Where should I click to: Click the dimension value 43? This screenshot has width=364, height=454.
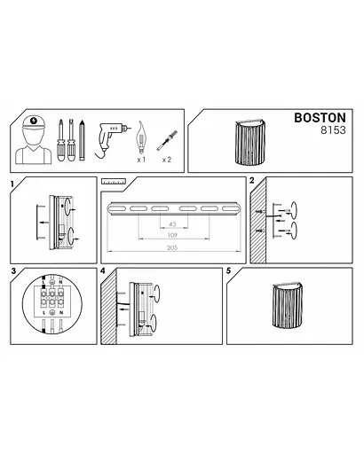point(172,223)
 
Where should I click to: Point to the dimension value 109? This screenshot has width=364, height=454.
point(172,237)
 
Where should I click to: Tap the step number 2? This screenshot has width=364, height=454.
point(253,181)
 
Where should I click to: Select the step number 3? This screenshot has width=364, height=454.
point(12,270)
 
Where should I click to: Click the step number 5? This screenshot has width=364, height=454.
point(229,270)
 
